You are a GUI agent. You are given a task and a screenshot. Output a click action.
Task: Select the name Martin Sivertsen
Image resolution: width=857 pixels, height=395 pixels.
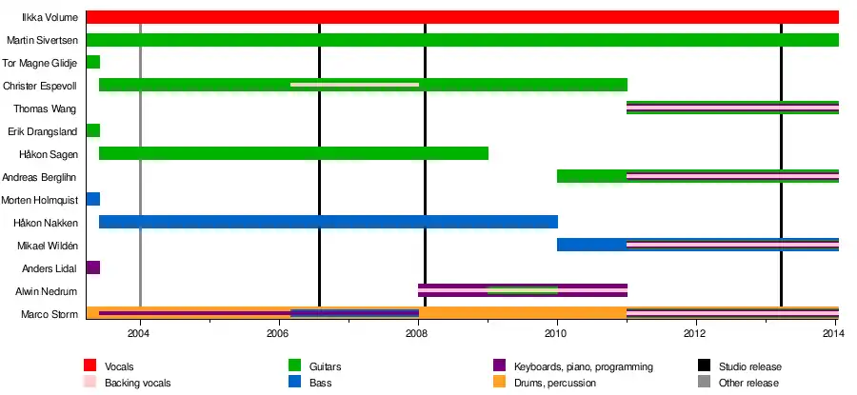tap(42, 40)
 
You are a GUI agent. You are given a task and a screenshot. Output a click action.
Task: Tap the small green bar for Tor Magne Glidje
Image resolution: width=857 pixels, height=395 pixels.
tap(92, 63)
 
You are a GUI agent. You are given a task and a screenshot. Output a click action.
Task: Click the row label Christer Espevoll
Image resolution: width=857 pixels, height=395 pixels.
tap(41, 86)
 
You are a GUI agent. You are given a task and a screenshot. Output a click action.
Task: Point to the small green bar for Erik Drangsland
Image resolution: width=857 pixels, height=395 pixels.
tap(92, 131)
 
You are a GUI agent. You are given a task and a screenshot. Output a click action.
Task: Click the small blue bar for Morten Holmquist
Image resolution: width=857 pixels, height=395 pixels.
tap(92, 200)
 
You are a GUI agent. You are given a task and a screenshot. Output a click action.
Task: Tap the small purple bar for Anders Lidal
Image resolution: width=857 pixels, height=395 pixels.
tap(92, 268)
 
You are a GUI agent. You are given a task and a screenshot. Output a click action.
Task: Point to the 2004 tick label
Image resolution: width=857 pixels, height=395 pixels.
tap(139, 334)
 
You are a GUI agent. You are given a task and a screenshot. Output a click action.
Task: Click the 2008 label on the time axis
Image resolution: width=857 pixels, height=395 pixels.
tap(417, 334)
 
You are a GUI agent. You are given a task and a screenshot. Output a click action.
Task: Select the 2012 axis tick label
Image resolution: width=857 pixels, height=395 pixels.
tap(695, 334)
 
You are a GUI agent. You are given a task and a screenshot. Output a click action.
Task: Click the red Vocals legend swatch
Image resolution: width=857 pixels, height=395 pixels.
tap(91, 365)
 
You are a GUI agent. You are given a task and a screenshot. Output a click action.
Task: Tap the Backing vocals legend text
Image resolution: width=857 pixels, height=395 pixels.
tap(137, 384)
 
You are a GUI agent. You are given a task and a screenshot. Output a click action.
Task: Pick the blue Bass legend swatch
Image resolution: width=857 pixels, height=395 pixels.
tap(295, 383)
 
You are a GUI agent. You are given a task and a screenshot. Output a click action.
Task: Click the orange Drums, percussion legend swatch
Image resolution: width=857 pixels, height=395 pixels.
tap(499, 383)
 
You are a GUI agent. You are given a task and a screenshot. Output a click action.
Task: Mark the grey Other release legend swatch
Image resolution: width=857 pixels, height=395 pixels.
tap(705, 383)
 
